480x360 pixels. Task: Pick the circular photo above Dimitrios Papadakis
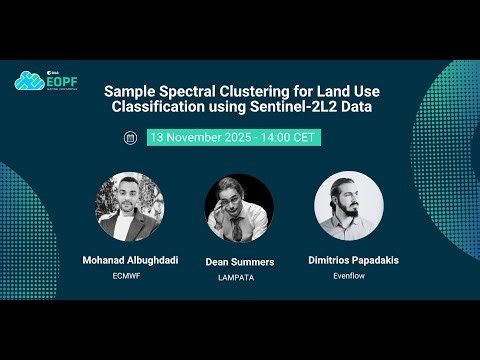pyautogui.click(x=350, y=207)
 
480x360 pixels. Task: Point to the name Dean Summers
pyautogui.click(x=239, y=262)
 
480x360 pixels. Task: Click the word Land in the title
pyautogui.click(x=320, y=90)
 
